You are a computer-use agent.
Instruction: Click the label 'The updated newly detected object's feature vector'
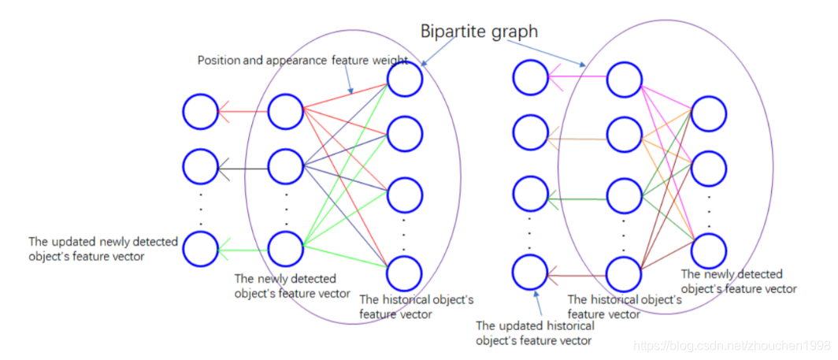103,249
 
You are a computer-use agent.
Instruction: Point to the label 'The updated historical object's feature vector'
535,332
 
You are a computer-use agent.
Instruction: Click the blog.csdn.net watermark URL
732,346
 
